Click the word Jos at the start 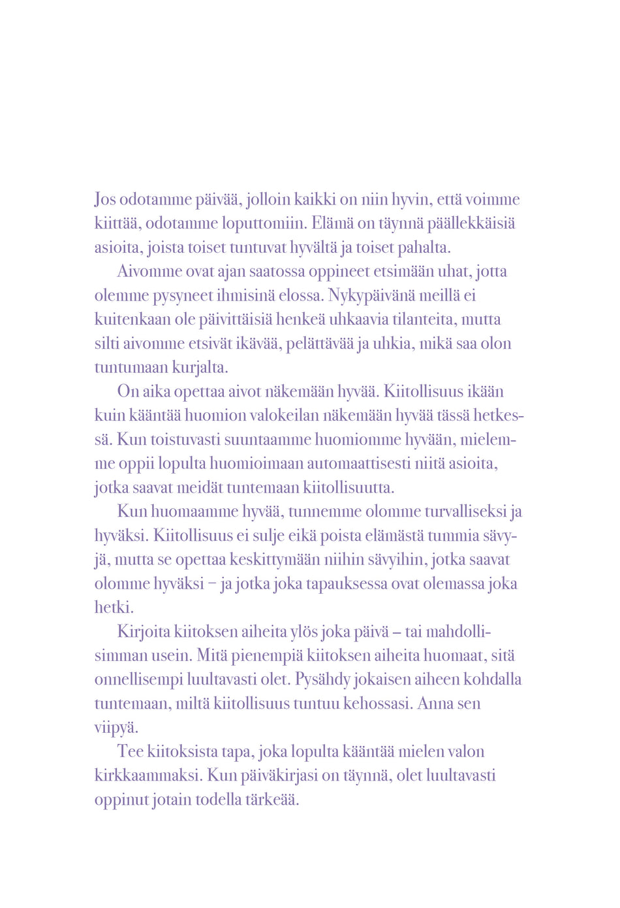click(105, 199)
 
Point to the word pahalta click(425, 248)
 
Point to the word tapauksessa click(347, 583)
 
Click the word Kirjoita click(143, 632)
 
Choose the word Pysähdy click(322, 679)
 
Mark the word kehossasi click(378, 704)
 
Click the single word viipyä click(116, 728)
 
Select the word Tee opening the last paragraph click(129, 752)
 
